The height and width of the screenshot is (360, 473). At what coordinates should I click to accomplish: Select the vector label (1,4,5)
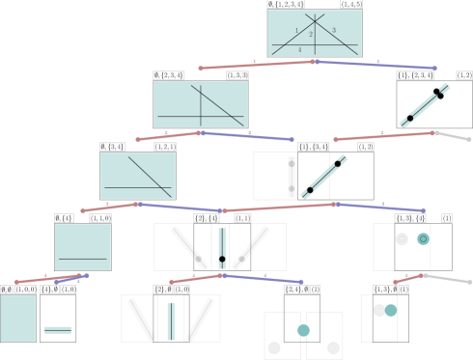351,5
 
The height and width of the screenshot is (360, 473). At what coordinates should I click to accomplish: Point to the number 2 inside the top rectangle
311,35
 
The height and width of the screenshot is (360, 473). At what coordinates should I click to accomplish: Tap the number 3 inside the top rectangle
334,31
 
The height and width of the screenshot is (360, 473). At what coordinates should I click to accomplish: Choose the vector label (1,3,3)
237,75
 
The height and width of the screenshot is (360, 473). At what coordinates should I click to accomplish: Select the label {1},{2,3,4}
415,75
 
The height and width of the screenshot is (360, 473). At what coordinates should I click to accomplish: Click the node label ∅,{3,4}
114,147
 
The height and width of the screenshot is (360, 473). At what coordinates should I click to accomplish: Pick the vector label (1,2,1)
165,147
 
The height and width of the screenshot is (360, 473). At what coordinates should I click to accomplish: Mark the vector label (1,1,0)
100,218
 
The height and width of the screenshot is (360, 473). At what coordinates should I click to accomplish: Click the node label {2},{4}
207,218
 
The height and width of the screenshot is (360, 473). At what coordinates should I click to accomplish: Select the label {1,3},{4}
410,218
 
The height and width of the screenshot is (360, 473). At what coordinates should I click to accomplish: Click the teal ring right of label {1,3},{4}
423,238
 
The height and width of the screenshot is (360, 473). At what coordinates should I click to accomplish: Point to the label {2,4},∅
295,289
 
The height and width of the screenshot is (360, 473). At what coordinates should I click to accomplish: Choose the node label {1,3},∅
384,289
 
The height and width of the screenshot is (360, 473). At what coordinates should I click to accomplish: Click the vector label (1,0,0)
26,289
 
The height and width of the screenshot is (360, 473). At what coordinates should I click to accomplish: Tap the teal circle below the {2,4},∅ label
303,330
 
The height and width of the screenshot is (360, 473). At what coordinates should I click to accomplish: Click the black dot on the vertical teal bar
222,260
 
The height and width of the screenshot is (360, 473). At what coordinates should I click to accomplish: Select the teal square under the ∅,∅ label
18,318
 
